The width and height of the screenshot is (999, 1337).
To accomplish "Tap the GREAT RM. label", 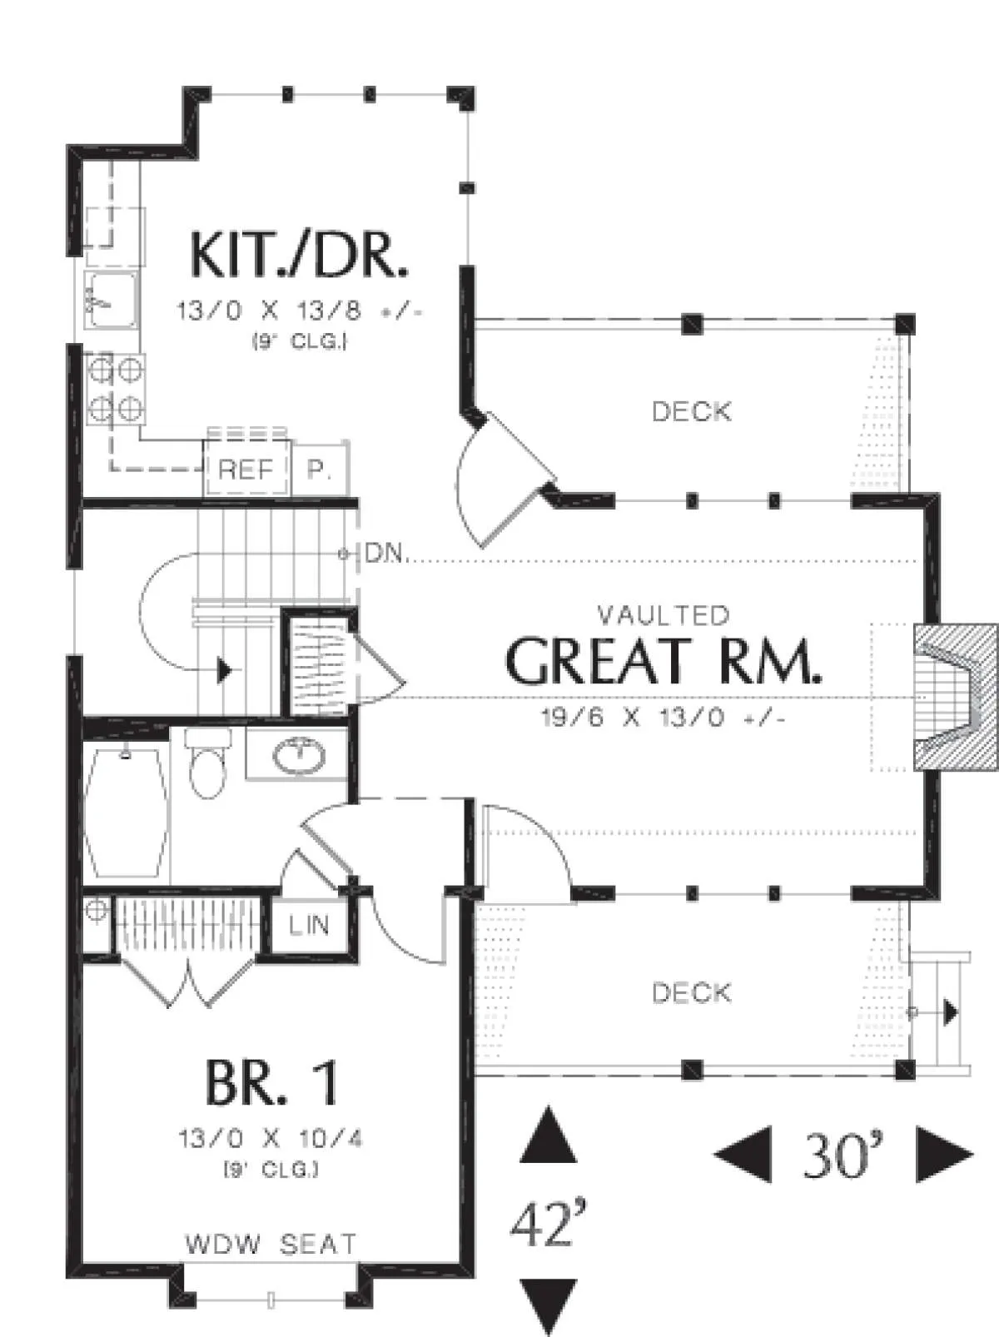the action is (664, 662).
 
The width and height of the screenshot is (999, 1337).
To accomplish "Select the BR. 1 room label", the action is (271, 1083).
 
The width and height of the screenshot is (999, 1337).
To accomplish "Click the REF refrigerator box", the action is (246, 469).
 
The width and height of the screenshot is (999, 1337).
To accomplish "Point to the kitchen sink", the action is (112, 301).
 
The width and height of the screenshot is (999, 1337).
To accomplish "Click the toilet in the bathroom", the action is (208, 763).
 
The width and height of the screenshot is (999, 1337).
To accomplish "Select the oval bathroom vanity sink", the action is (299, 757).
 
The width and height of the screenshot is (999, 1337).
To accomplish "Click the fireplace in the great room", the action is (955, 697).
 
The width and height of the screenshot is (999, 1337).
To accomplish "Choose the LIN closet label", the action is (310, 925).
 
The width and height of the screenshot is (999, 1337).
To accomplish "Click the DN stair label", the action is (384, 553).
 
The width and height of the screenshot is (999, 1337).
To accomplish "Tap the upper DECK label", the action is (691, 412).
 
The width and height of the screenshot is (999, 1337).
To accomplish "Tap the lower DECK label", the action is (691, 993).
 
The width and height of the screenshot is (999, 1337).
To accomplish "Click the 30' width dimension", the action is (843, 1155).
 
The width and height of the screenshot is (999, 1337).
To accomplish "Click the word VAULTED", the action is (664, 615).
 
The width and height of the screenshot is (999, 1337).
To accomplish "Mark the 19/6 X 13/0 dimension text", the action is (664, 718).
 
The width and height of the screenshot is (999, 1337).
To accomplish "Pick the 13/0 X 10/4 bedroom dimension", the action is (271, 1138).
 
